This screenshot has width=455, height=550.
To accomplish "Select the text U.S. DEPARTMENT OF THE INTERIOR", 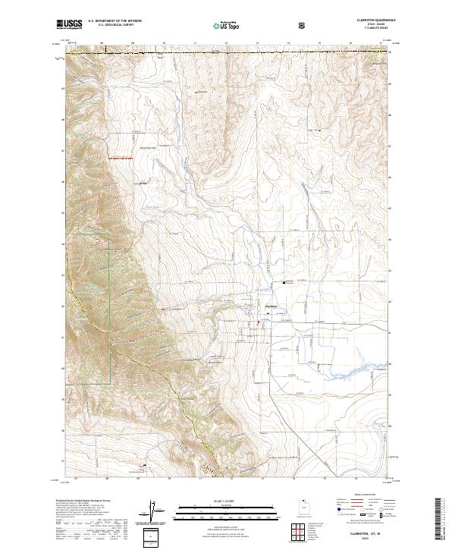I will tap(114, 21).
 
